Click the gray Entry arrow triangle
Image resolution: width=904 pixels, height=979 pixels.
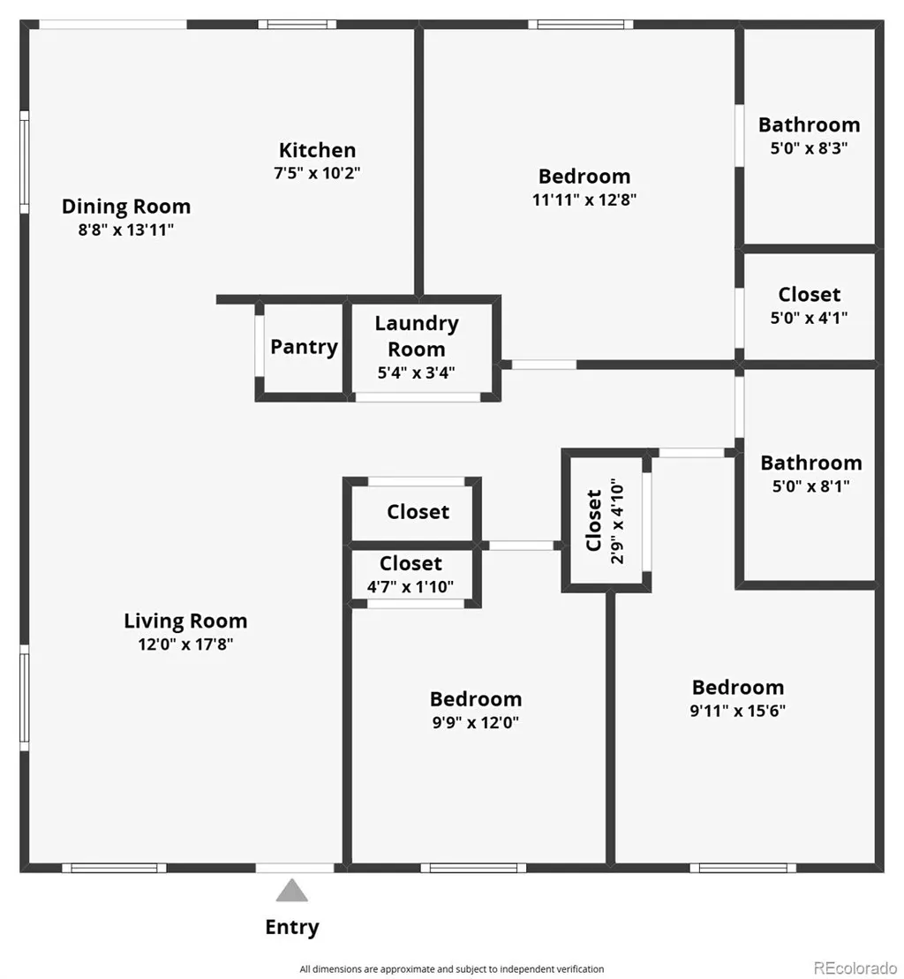[292, 891]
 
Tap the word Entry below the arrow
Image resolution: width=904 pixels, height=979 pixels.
[292, 928]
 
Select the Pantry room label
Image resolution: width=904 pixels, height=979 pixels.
[304, 347]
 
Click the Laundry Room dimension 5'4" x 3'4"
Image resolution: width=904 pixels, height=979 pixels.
[417, 373]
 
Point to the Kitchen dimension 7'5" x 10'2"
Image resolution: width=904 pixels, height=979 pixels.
[317, 173]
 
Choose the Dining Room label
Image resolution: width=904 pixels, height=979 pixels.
[126, 207]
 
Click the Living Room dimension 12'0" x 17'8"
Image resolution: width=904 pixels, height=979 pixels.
[185, 644]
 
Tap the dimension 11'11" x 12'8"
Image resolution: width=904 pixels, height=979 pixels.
[584, 200]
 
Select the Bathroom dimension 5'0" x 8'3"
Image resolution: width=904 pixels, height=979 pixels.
[810, 148]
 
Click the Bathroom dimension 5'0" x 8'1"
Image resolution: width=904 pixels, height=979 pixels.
[811, 486]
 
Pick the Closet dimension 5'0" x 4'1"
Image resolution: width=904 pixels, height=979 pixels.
[810, 318]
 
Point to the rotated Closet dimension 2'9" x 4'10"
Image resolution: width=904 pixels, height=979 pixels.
[617, 522]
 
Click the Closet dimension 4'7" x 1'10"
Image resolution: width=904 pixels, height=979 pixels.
[411, 587]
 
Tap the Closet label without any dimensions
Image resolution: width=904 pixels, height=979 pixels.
[418, 512]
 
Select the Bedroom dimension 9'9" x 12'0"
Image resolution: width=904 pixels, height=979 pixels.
[476, 722]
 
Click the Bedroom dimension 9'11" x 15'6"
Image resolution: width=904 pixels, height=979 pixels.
[737, 711]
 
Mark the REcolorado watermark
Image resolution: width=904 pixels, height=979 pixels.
[855, 968]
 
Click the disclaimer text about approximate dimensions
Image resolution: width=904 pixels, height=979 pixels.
[451, 969]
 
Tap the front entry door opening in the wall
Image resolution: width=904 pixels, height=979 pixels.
[295, 868]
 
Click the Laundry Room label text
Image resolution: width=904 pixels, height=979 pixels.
[417, 336]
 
